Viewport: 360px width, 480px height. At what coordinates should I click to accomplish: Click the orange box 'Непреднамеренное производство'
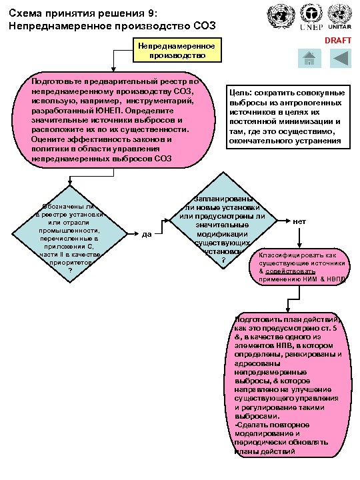177,51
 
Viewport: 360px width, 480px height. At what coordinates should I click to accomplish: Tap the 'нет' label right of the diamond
299,221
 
